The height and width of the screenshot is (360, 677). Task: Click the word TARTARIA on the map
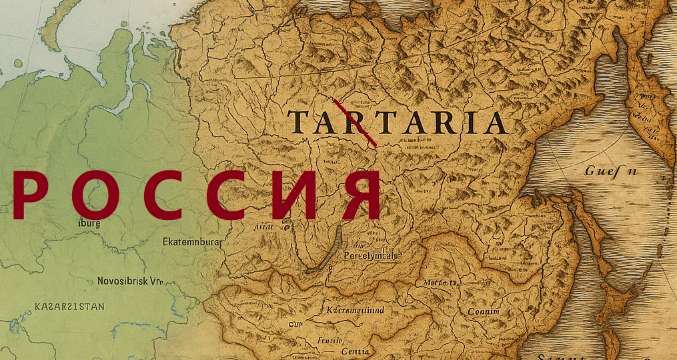[397, 123]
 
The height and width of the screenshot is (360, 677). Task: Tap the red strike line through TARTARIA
[356, 123]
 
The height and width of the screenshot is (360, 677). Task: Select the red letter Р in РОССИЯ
[27, 195]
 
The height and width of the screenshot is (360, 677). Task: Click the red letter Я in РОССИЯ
[360, 195]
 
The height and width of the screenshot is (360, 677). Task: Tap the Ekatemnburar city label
[192, 243]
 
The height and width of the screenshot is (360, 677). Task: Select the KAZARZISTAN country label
[69, 307]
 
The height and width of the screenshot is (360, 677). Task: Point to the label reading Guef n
[611, 171]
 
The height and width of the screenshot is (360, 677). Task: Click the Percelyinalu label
[372, 255]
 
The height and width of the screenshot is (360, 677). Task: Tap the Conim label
[483, 311]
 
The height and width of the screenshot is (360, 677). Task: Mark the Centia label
[354, 351]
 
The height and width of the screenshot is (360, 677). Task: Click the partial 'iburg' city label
[89, 224]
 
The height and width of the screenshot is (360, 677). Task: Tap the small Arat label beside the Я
[264, 227]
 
